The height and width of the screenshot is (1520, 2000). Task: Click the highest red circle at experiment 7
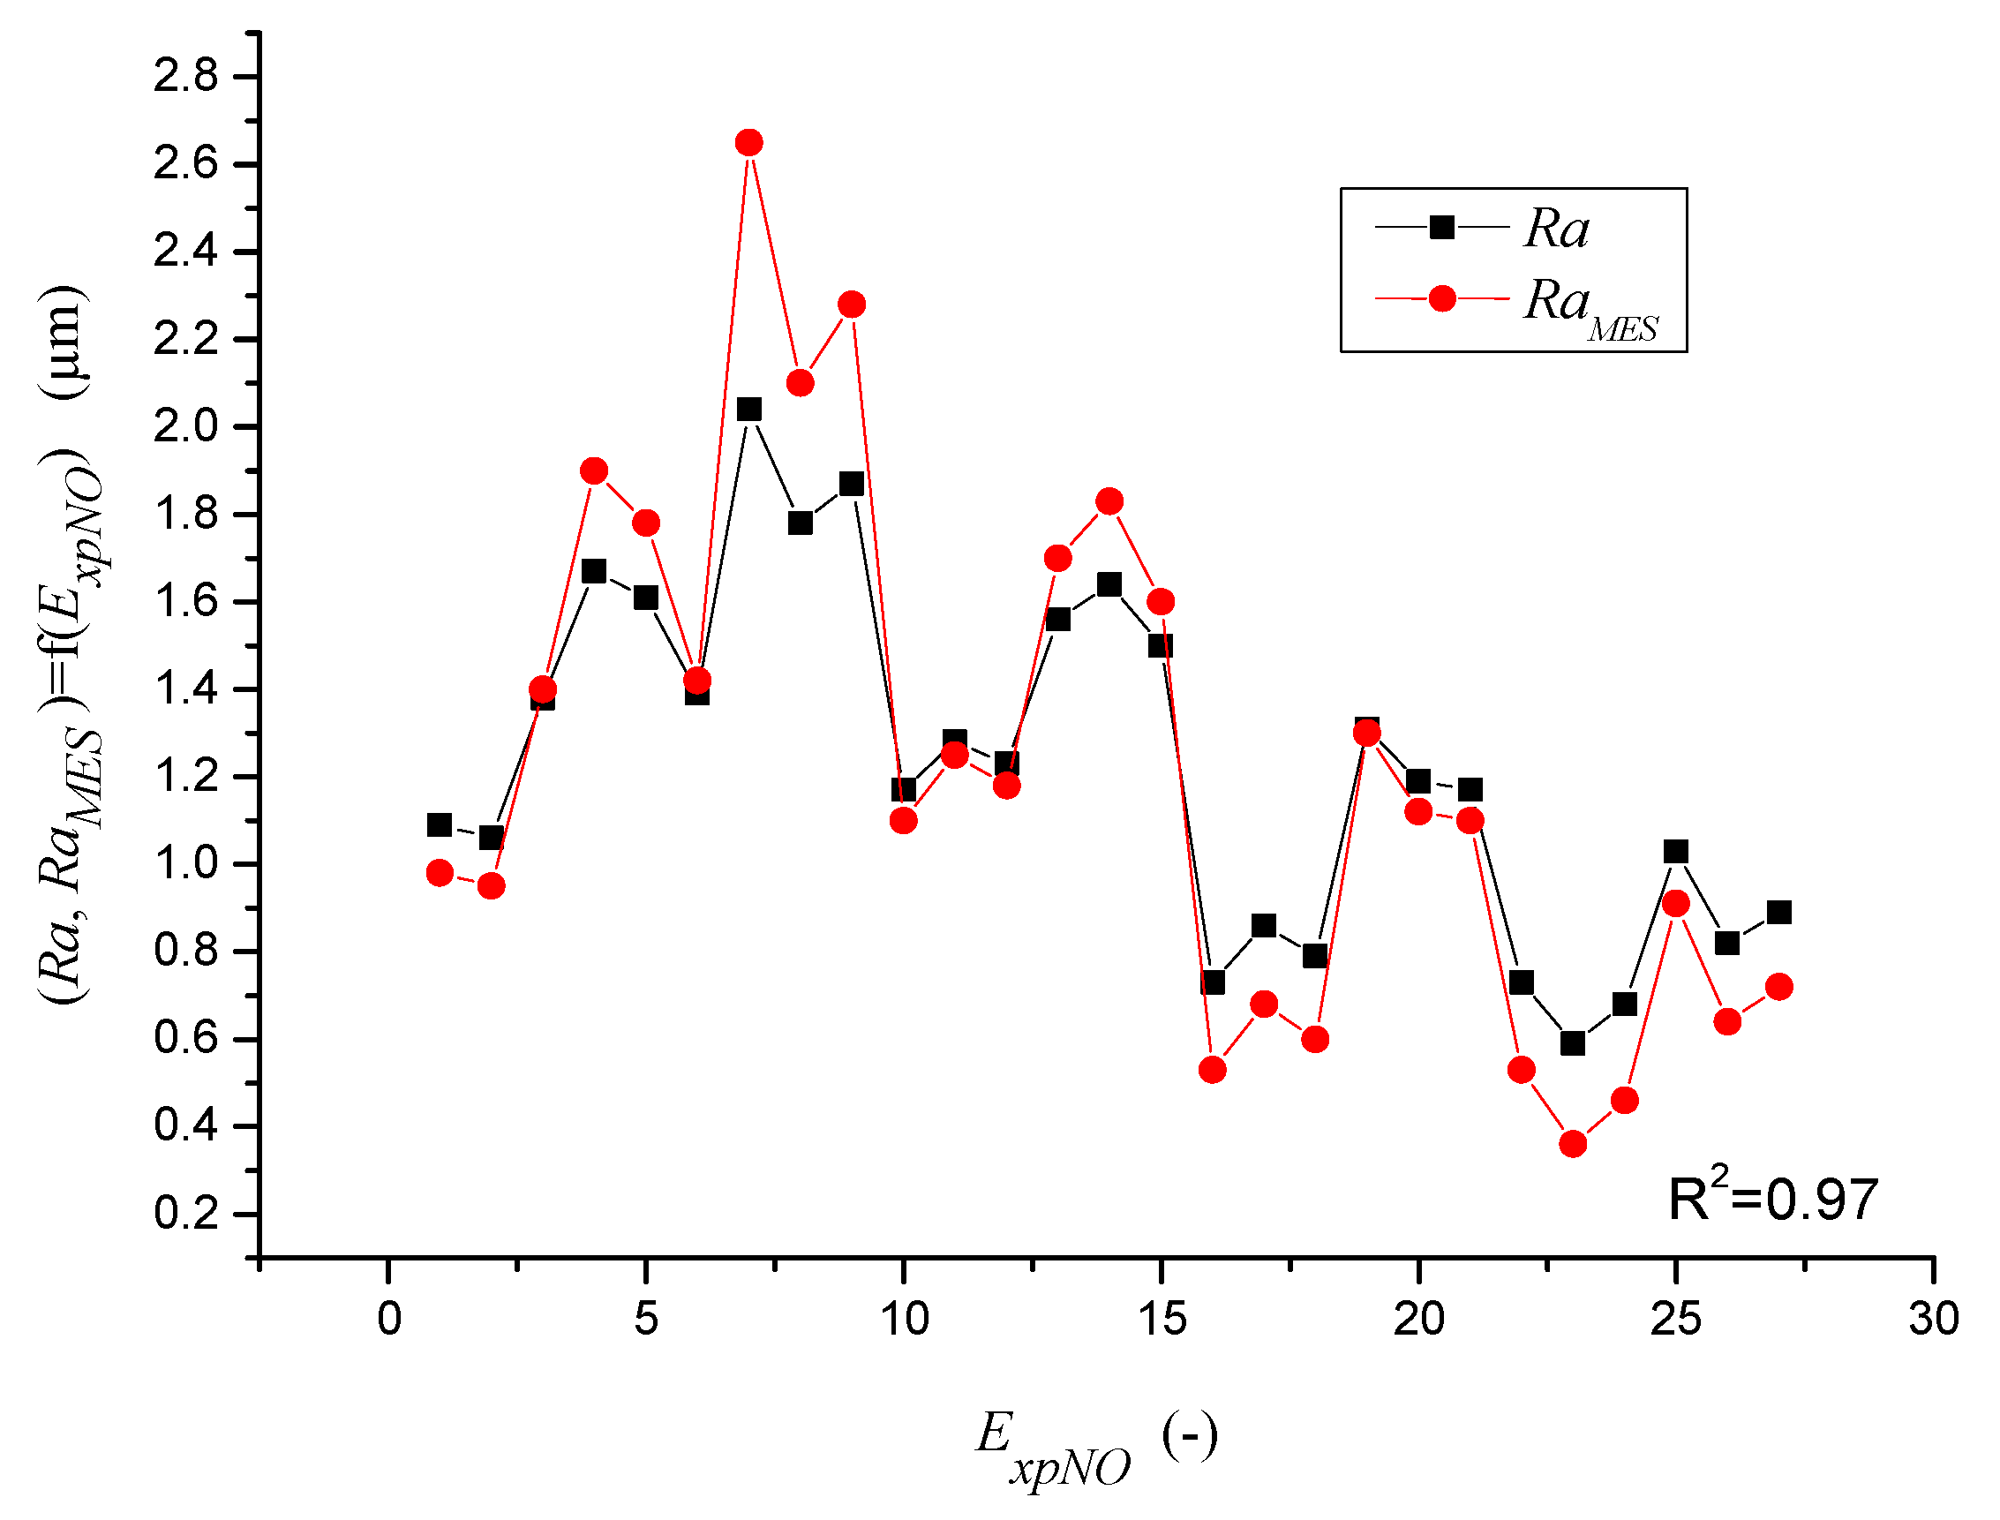748,142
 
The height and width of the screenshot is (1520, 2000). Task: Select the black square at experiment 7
748,410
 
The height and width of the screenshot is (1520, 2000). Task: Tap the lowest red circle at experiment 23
1572,1144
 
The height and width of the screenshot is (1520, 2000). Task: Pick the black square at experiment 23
1572,1043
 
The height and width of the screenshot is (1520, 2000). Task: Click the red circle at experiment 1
440,873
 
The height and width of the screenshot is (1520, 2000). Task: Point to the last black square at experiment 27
1778,912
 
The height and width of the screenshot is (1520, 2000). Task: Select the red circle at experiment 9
851,304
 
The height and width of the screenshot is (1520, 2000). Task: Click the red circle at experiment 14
1109,501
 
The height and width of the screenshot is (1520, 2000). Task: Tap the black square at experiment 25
1675,852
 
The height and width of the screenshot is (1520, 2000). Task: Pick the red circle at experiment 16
1212,1070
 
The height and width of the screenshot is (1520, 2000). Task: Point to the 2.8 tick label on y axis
185,76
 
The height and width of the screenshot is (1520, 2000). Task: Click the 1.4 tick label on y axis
185,689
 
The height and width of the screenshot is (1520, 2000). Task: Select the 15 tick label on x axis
1162,1319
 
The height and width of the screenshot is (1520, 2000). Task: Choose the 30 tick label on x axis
1933,1319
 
